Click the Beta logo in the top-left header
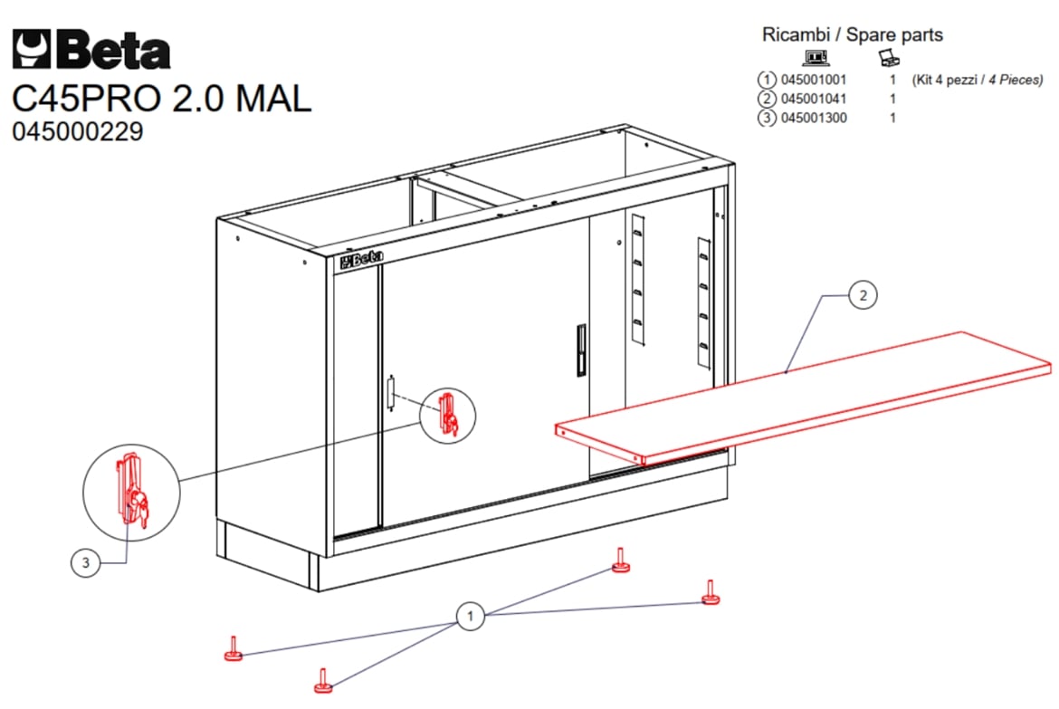click(91, 49)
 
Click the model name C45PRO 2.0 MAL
click(162, 99)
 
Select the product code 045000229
click(78, 131)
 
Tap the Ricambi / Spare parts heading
click(853, 34)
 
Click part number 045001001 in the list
click(813, 80)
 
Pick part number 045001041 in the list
click(813, 99)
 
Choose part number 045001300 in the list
click(813, 118)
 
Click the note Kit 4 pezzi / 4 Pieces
click(978, 80)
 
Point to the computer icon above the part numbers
click(816, 57)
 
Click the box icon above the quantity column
click(890, 57)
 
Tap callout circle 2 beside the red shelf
click(863, 295)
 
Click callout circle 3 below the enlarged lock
click(85, 562)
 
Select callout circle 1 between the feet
click(470, 616)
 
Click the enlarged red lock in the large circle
click(132, 491)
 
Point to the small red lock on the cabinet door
click(448, 415)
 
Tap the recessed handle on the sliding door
click(581, 350)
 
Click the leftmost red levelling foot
click(234, 649)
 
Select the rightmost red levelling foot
click(711, 593)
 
